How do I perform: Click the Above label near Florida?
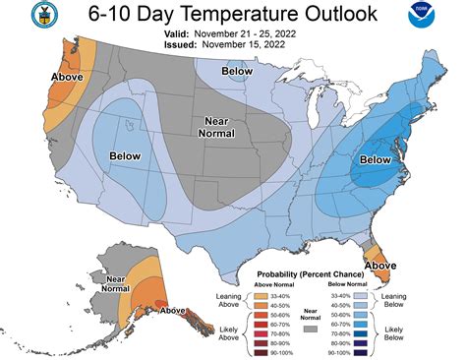pyautogui.click(x=380, y=265)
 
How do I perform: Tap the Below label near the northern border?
pyautogui.click(x=236, y=71)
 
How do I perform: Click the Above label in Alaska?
pyautogui.click(x=173, y=311)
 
